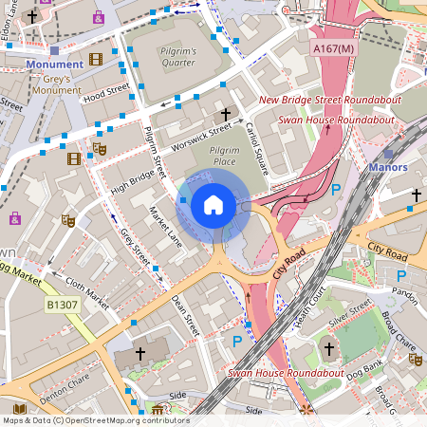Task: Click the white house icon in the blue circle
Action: (213, 204)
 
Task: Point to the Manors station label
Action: (388, 167)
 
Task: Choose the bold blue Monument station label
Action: (54, 65)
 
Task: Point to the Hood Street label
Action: (105, 93)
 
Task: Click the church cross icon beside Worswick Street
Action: (225, 112)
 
